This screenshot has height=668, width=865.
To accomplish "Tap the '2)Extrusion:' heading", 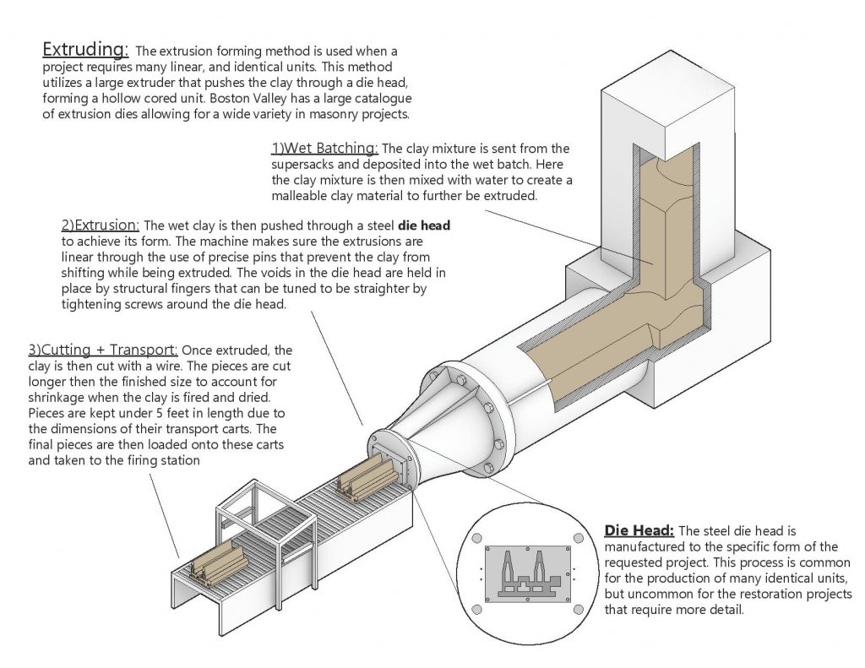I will pyautogui.click(x=100, y=226).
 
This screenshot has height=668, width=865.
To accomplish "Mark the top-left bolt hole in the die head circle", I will pyautogui.click(x=477, y=537).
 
